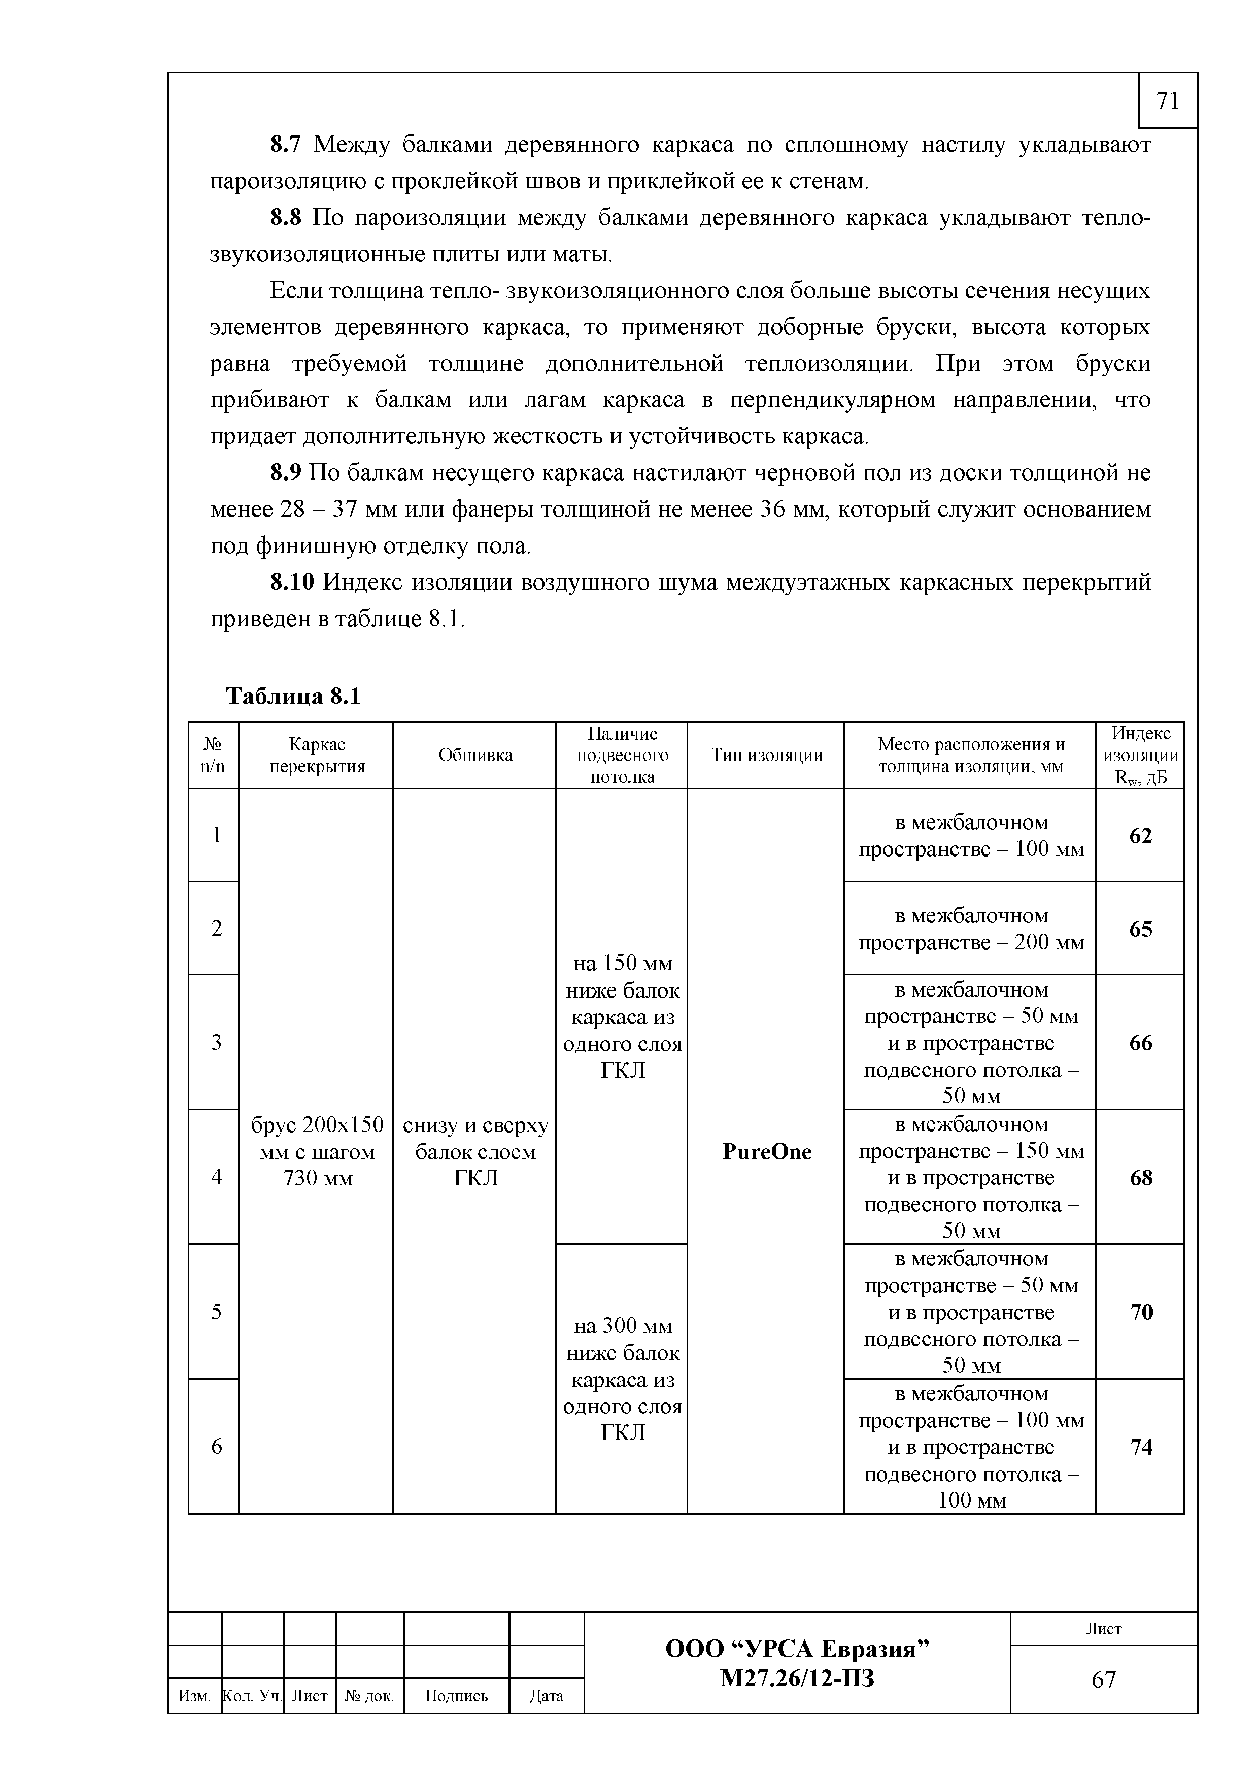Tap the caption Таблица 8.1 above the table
293,696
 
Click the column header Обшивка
475,755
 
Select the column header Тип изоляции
767,755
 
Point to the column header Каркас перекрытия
316,755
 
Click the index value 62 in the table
1140,836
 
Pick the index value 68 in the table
1141,1178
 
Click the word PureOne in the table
767,1152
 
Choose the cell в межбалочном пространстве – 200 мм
970,929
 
